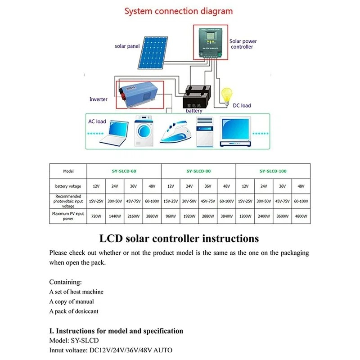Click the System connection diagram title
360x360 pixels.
(x=179, y=11)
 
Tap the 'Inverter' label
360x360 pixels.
(x=98, y=99)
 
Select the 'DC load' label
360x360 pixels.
(x=242, y=106)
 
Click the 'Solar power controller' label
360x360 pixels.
(x=243, y=44)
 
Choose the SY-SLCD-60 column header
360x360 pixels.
(x=124, y=171)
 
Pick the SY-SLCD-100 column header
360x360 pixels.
(x=273, y=171)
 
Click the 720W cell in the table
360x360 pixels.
(x=96, y=216)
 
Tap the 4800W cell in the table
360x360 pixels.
(x=301, y=216)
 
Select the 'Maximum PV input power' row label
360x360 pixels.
(x=68, y=216)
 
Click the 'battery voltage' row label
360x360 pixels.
(x=68, y=186)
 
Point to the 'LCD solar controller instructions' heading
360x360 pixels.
(x=179, y=238)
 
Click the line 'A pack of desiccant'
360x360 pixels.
(x=74, y=311)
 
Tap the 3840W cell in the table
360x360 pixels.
(x=226, y=216)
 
